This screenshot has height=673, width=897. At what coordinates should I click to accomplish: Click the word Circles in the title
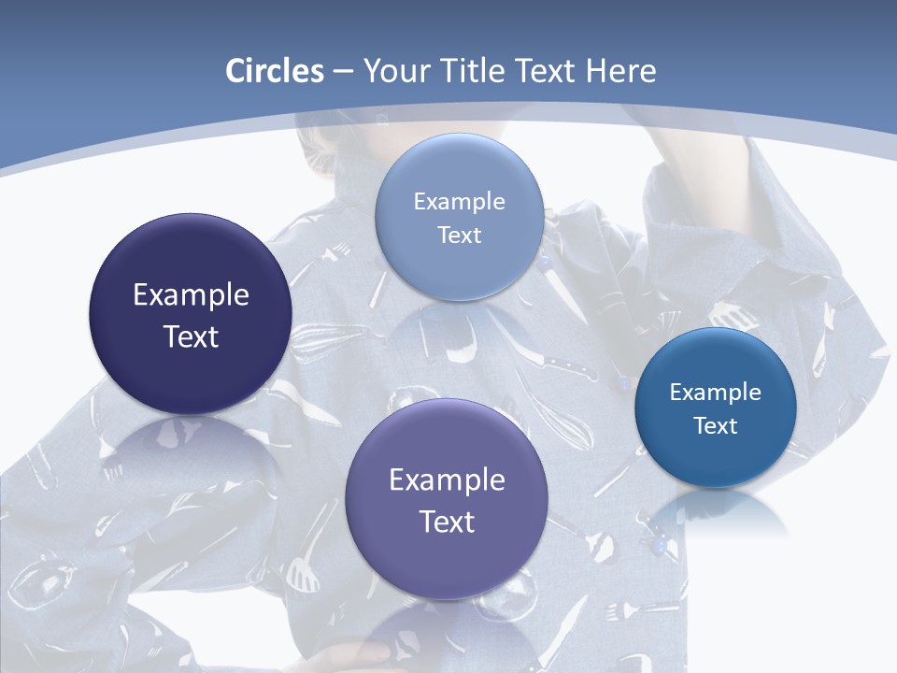[x=274, y=71]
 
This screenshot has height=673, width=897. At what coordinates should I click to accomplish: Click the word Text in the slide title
[x=548, y=71]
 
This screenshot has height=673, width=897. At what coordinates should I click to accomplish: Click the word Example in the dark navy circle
[x=191, y=295]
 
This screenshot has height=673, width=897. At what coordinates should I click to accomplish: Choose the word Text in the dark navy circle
[x=191, y=336]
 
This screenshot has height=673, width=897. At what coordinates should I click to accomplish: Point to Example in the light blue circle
[x=459, y=202]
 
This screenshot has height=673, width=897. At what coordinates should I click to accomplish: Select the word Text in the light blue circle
[x=459, y=236]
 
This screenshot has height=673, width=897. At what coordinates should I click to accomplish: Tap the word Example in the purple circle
[x=447, y=480]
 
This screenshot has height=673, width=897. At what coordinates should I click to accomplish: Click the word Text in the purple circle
[x=447, y=522]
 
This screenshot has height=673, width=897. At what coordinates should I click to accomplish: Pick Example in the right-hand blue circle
[x=716, y=393]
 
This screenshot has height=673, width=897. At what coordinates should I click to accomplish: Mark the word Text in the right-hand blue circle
[x=716, y=426]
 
